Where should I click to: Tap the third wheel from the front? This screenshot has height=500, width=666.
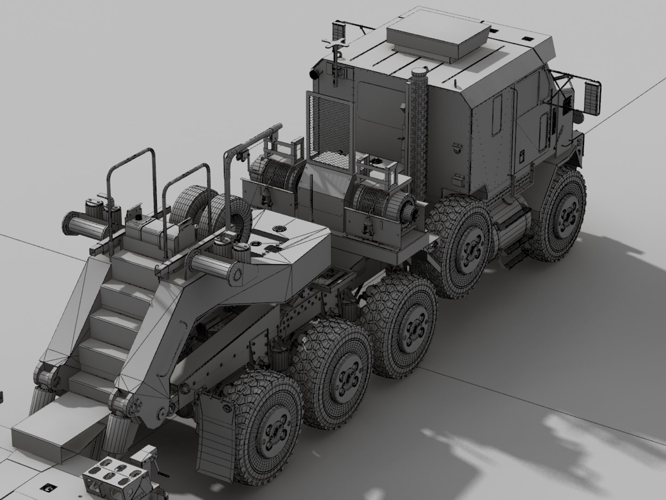click(x=401, y=324)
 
